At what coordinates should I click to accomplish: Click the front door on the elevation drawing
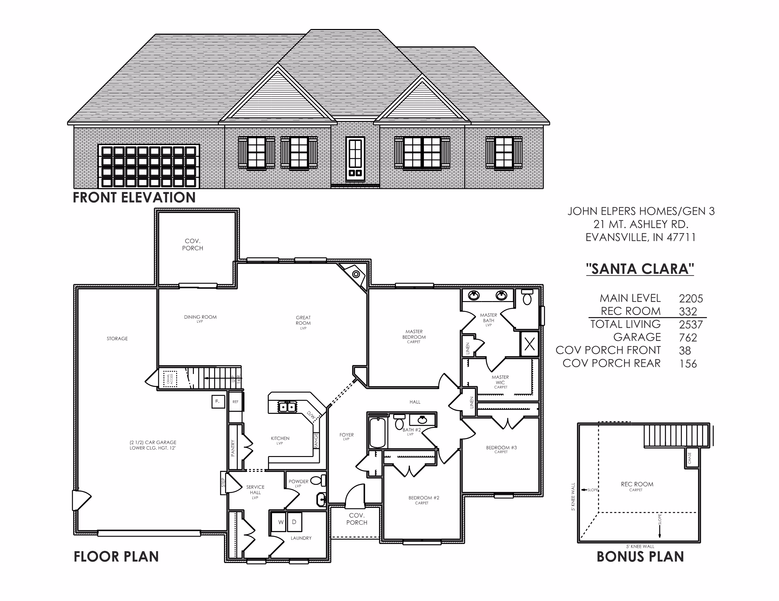355,159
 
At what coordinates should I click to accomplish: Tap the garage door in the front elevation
148,166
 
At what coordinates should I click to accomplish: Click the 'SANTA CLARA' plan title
640,269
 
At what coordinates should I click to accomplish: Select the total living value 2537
691,325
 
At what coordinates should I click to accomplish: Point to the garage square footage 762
688,337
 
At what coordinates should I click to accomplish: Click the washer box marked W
281,522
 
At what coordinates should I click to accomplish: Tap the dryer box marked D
294,522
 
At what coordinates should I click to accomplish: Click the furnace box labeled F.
218,401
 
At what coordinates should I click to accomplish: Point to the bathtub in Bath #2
377,432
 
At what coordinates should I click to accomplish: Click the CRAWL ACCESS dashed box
170,379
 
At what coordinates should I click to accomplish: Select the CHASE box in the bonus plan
690,458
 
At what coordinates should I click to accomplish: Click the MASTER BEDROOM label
414,334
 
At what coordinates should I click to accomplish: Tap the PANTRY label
233,448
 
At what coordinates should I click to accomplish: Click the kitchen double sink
287,407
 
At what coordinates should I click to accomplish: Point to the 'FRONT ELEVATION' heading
134,197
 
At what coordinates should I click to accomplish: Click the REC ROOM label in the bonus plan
637,484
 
